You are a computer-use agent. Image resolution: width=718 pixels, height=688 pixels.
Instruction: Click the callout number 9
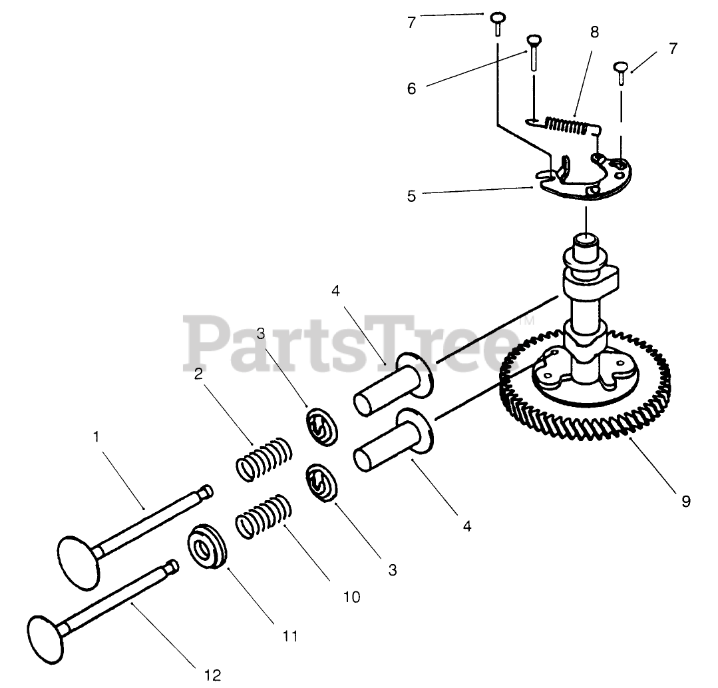[x=685, y=501]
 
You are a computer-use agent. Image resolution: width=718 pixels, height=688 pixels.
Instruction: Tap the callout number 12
[x=212, y=675]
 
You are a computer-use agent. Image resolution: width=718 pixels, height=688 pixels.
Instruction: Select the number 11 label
[x=289, y=635]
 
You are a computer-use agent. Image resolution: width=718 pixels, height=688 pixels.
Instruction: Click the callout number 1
[x=96, y=438]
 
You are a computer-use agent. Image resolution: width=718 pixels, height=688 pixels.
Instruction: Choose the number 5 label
[x=411, y=196]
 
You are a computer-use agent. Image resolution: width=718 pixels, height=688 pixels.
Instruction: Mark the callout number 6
[x=411, y=89]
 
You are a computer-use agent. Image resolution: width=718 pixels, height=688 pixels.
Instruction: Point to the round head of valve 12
[x=48, y=629]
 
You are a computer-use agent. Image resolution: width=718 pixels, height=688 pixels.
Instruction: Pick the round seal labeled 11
[x=207, y=547]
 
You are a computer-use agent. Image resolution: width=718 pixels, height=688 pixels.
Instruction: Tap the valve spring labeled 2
[x=264, y=458]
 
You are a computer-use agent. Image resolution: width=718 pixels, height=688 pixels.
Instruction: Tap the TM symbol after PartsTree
[x=525, y=321]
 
